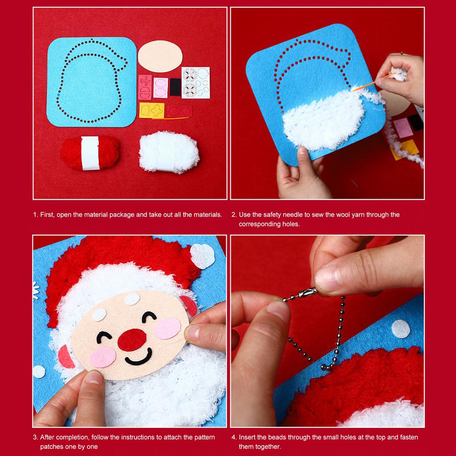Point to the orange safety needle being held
pos(363,85)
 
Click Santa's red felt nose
pos(132,339)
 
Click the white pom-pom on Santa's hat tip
pos(202,257)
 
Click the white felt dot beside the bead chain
pos(401,329)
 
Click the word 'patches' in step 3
pos(51,446)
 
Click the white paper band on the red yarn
pos(90,154)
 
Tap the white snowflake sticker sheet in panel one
pos(195,82)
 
